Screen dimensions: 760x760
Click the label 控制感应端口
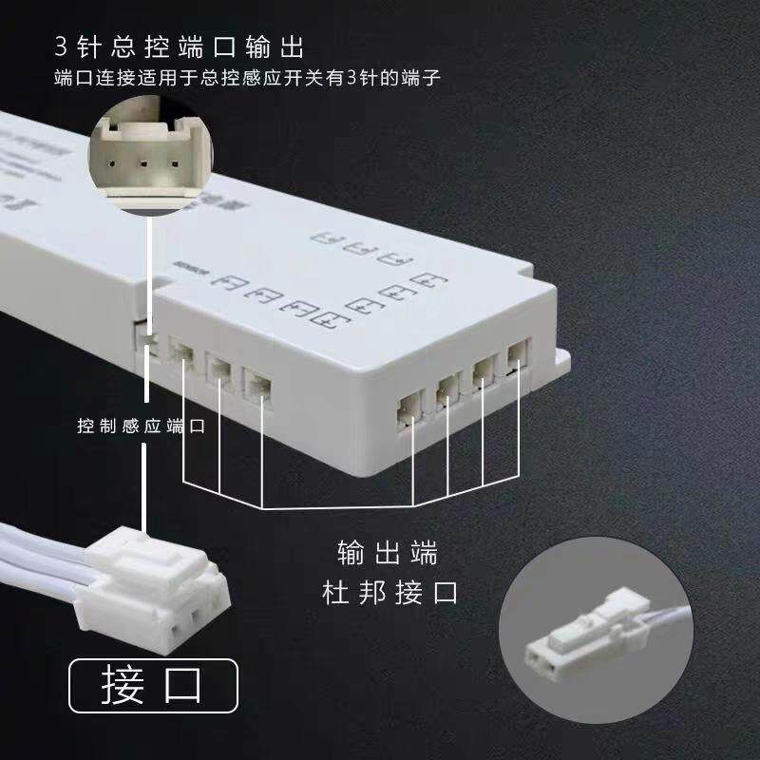[x=142, y=426]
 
